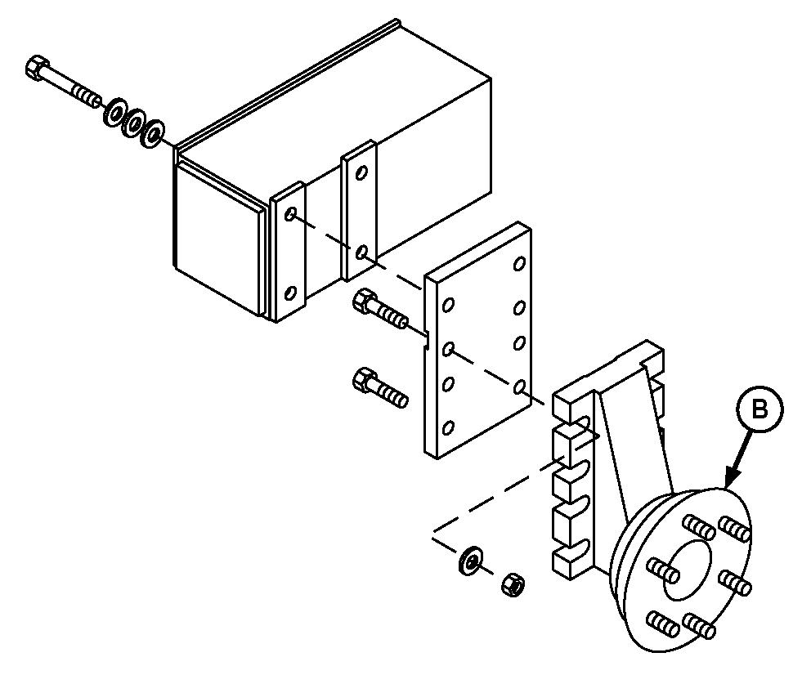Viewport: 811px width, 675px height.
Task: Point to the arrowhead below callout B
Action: click(x=731, y=478)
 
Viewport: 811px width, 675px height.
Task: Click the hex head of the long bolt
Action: click(x=36, y=68)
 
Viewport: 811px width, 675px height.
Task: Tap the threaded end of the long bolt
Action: click(x=85, y=96)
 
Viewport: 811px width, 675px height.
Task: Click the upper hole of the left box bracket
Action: click(x=291, y=213)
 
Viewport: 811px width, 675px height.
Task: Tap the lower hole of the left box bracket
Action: click(x=291, y=293)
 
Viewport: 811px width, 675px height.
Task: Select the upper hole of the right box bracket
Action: click(x=362, y=172)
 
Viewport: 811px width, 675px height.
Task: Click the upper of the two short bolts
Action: click(x=379, y=310)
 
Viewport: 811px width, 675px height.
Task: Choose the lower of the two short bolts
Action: click(x=379, y=387)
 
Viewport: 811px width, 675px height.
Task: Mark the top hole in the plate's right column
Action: click(x=519, y=264)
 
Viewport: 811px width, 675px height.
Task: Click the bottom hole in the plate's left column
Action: click(x=448, y=428)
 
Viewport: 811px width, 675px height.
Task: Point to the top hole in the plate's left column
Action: click(x=449, y=306)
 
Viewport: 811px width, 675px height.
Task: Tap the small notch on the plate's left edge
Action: click(x=426, y=339)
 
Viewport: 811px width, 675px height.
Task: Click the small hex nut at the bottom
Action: click(x=513, y=584)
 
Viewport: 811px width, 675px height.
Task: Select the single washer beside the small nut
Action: click(x=469, y=559)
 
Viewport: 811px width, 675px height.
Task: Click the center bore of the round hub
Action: click(x=687, y=570)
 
